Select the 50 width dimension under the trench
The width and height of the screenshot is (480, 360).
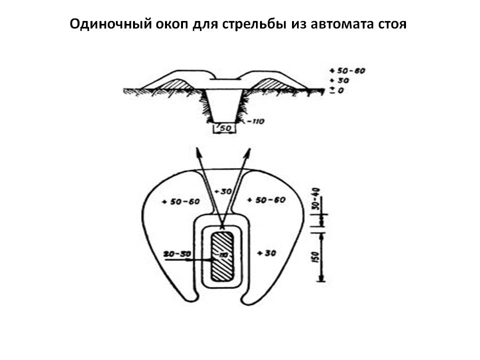(x=225, y=128)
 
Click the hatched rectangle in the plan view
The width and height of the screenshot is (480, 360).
(x=221, y=255)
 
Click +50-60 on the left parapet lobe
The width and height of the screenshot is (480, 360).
(x=181, y=201)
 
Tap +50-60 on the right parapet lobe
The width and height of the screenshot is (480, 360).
(x=266, y=200)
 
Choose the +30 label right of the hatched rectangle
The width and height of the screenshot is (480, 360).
(x=266, y=253)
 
